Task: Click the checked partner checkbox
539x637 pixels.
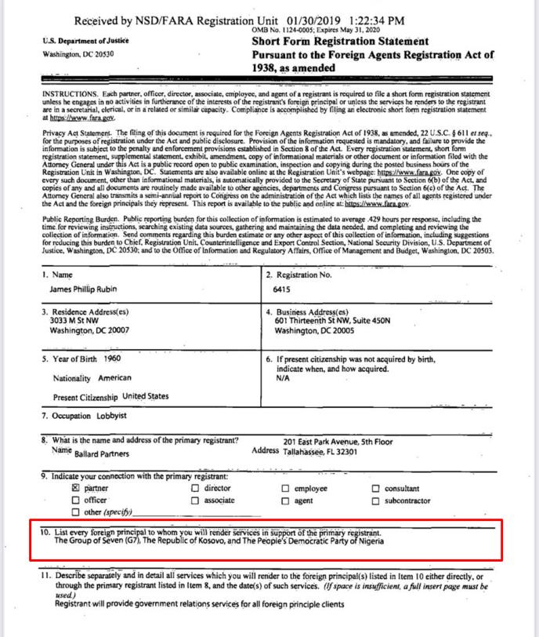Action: pos(76,488)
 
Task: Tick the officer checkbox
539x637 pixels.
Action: pos(76,500)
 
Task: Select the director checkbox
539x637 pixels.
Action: pos(195,488)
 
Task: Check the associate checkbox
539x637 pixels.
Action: pos(195,500)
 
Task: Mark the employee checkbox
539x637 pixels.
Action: pos(286,488)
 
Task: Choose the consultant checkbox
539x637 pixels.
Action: pos(376,488)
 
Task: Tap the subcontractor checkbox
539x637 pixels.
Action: pos(376,500)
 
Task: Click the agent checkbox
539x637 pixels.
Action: pos(286,500)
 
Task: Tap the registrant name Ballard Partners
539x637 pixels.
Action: pos(102,453)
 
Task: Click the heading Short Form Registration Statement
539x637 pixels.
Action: pos(340,41)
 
